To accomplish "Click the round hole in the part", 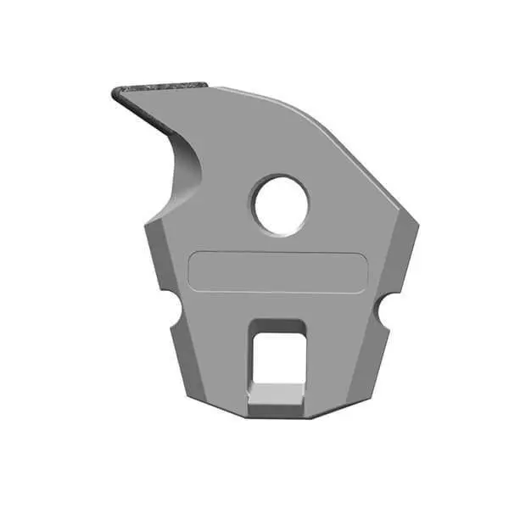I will pos(281,205).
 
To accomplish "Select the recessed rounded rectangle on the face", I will pos(277,272).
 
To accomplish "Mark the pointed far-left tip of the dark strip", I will pos(113,92).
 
